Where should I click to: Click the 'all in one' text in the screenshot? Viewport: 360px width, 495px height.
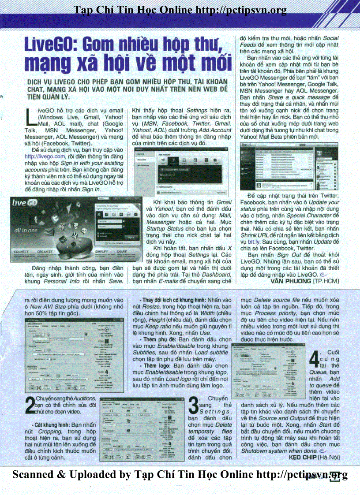tap(27, 230)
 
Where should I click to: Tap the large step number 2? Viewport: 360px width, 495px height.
tap(30, 406)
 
